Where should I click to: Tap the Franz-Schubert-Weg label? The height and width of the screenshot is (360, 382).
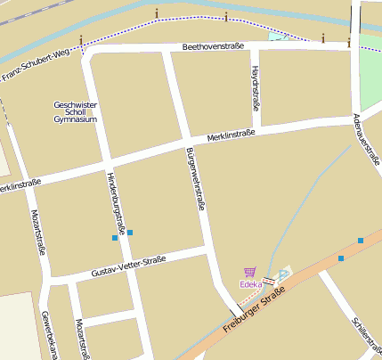click(36, 67)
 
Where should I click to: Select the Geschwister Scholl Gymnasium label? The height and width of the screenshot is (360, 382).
click(75, 111)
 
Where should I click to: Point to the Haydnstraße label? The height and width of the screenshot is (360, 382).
click(256, 87)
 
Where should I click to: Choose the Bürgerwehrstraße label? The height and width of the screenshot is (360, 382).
click(196, 178)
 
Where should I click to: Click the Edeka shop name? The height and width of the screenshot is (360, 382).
click(250, 284)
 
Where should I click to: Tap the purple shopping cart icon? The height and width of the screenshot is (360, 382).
click(249, 272)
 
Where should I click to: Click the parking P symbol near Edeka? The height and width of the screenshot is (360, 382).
click(284, 274)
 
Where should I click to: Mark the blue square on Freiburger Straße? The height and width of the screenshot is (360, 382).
click(341, 258)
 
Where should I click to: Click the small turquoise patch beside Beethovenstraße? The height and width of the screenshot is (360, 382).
click(279, 37)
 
